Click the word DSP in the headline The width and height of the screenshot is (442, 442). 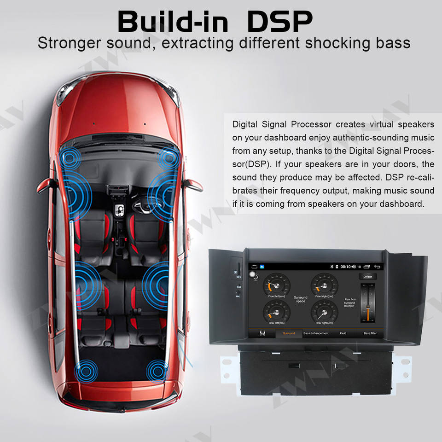[280, 20]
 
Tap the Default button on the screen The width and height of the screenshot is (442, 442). [367, 277]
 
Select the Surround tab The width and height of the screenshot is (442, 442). [289, 333]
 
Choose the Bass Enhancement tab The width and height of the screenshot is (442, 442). [316, 333]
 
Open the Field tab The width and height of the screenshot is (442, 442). [343, 333]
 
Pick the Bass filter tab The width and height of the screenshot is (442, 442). [370, 333]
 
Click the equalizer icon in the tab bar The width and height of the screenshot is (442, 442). [262, 333]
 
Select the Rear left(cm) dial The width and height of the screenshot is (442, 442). [276, 312]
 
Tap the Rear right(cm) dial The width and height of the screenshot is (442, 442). [324, 312]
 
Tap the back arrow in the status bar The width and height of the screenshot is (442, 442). [378, 267]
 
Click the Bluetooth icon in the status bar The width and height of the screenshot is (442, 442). [330, 267]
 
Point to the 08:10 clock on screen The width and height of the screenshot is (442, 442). [345, 267]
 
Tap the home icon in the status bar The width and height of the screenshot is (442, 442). [254, 267]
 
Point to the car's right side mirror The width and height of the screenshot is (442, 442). [192, 183]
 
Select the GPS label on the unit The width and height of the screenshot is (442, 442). [238, 277]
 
